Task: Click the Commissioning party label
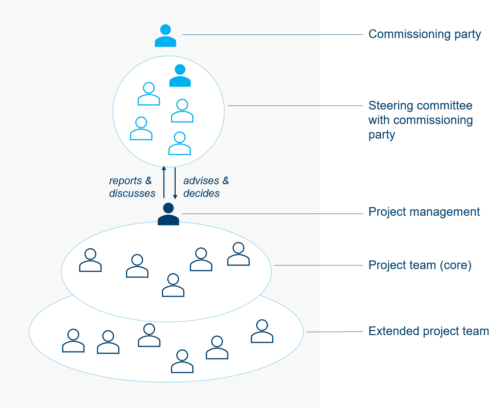[424, 34]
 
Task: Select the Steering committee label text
[420, 120]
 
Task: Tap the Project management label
[424, 212]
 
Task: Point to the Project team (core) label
[420, 265]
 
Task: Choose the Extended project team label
[429, 331]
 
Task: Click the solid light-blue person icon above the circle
[166, 36]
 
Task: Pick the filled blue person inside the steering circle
[180, 75]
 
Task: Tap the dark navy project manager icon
[168, 214]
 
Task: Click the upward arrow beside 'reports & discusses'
[164, 182]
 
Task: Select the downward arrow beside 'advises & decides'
[175, 183]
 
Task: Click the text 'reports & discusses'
[132, 187]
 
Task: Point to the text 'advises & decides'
[206, 187]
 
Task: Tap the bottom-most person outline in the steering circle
[180, 143]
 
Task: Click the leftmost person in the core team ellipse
[90, 260]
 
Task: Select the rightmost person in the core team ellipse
[238, 254]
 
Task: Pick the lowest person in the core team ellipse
[173, 285]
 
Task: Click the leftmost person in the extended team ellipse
[73, 341]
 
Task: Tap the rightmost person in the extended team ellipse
[262, 331]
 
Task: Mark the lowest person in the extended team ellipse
[182, 361]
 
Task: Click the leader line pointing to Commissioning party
[273, 34]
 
